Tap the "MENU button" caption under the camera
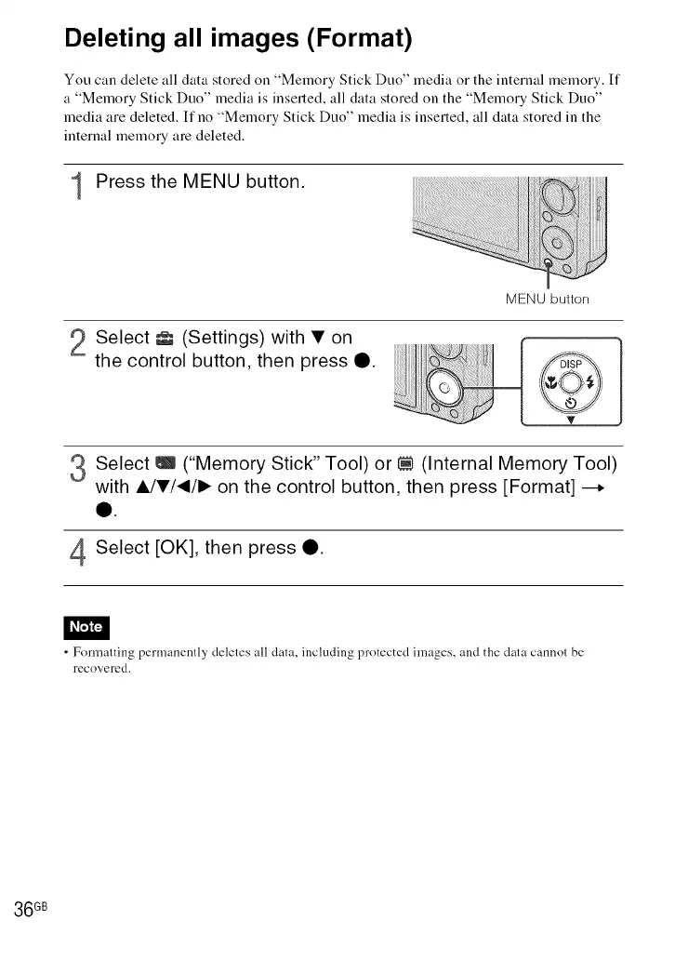click(x=547, y=300)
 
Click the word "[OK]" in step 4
click(x=189, y=548)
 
